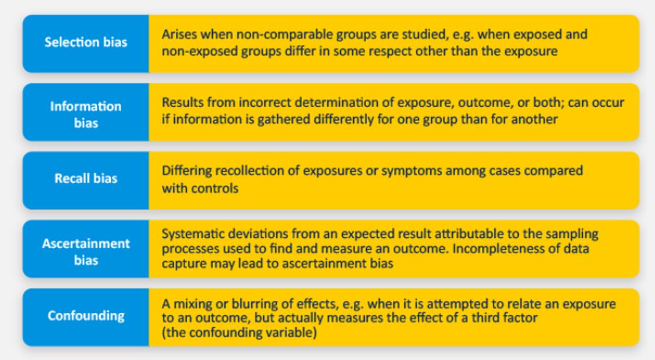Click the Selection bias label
pyautogui.click(x=86, y=42)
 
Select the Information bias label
pyautogui.click(x=86, y=114)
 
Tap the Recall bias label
pyautogui.click(x=86, y=178)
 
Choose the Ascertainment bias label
pyautogui.click(x=86, y=251)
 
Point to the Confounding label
pyautogui.click(x=86, y=316)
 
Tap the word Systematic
pyautogui.click(x=190, y=234)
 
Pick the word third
pyautogui.click(x=486, y=318)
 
